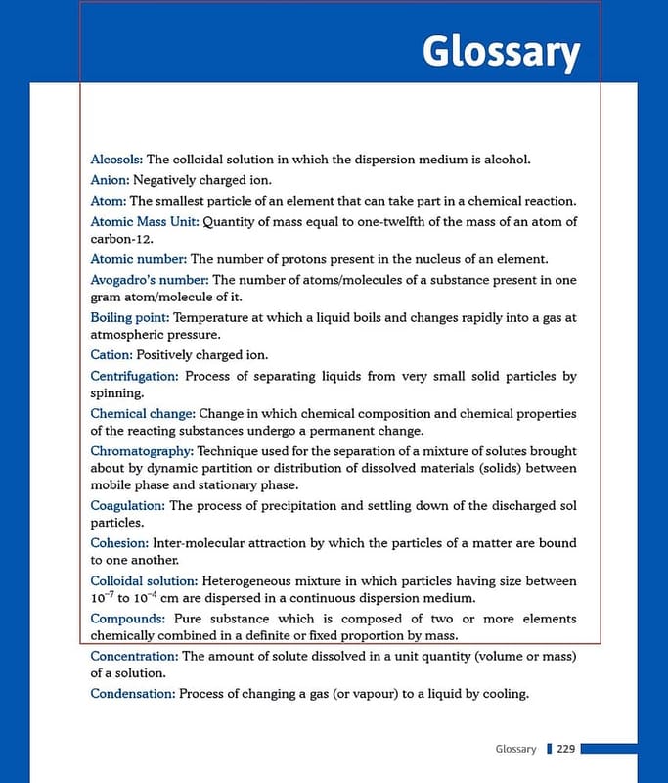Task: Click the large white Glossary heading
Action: tap(501, 52)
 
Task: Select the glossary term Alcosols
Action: tap(116, 159)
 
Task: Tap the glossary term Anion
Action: tap(110, 180)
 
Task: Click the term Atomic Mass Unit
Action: tap(144, 221)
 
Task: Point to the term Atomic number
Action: tap(138, 259)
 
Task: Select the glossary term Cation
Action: tap(111, 354)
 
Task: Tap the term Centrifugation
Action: tap(134, 376)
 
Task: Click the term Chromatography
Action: tap(142, 451)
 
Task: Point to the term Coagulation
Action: tap(128, 505)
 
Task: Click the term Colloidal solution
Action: tap(144, 580)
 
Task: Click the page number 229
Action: tap(565, 749)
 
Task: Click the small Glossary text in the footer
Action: tap(515, 749)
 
